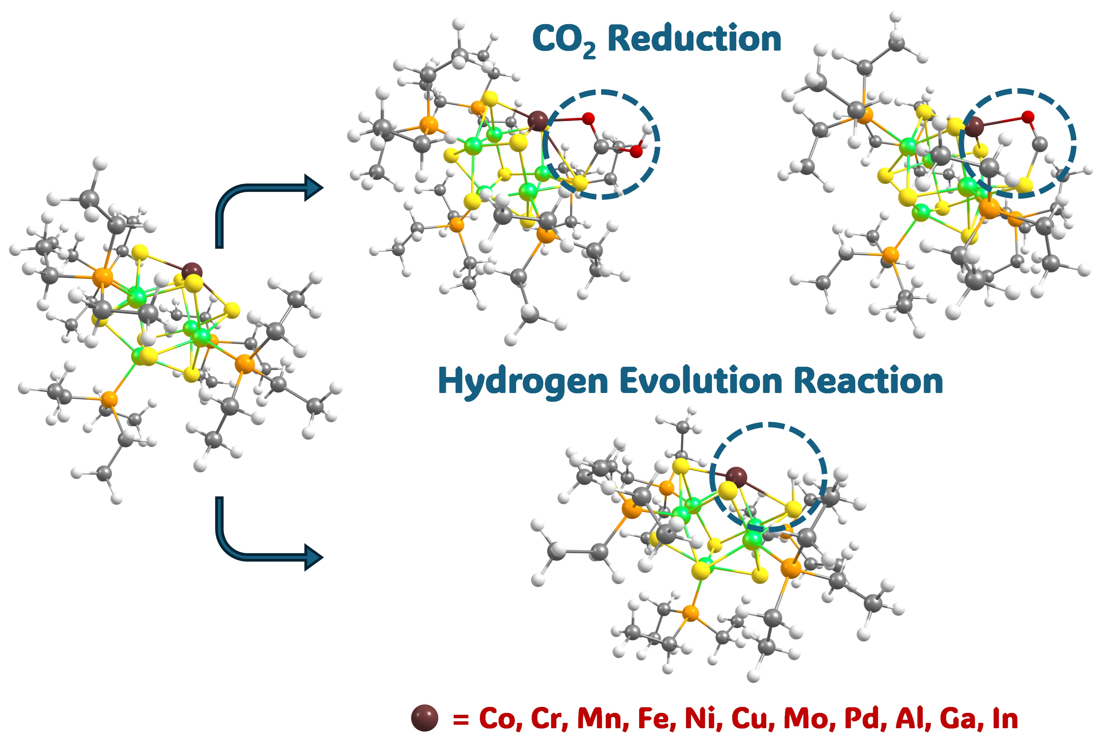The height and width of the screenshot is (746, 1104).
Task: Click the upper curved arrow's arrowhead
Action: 313,188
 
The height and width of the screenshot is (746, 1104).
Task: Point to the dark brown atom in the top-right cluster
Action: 975,127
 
